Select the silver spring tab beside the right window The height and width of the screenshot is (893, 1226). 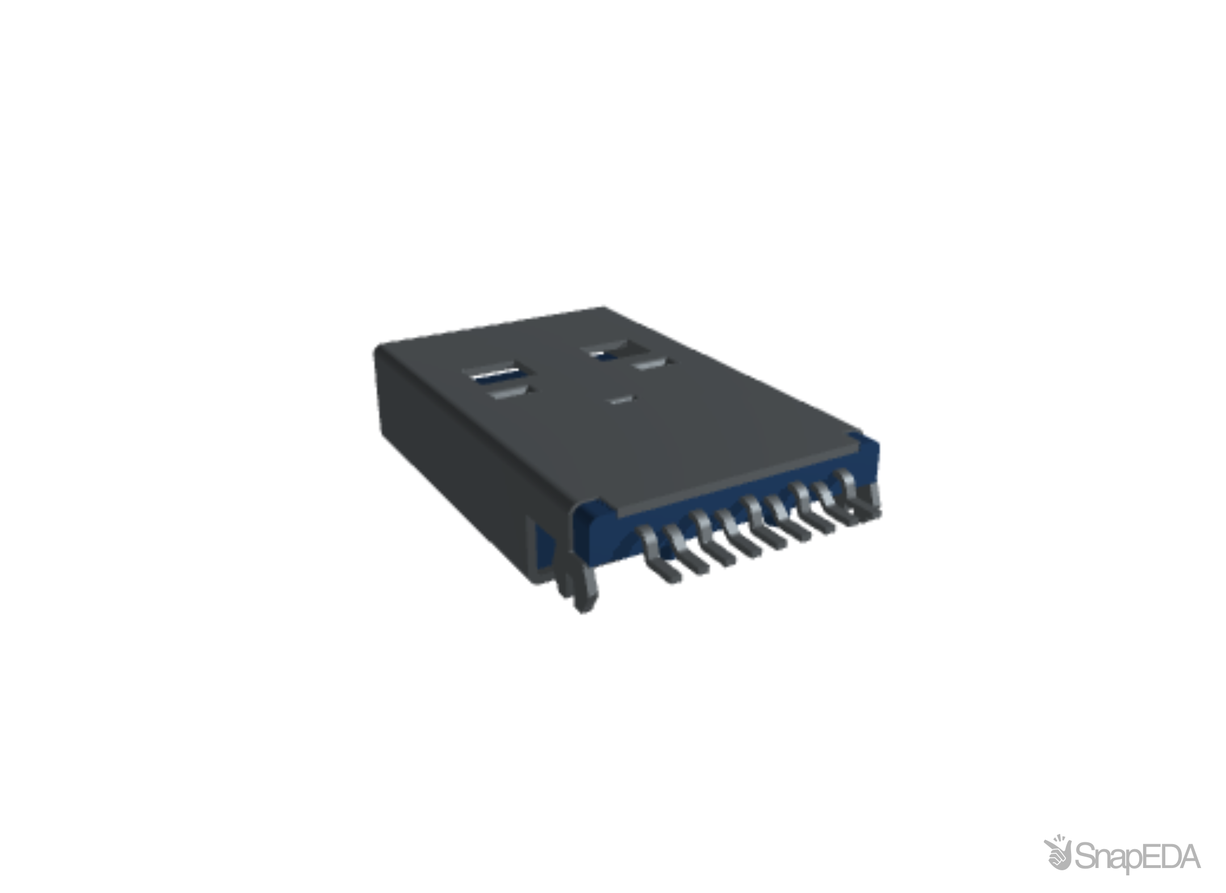(653, 364)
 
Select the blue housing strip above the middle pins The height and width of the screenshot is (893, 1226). (738, 500)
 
